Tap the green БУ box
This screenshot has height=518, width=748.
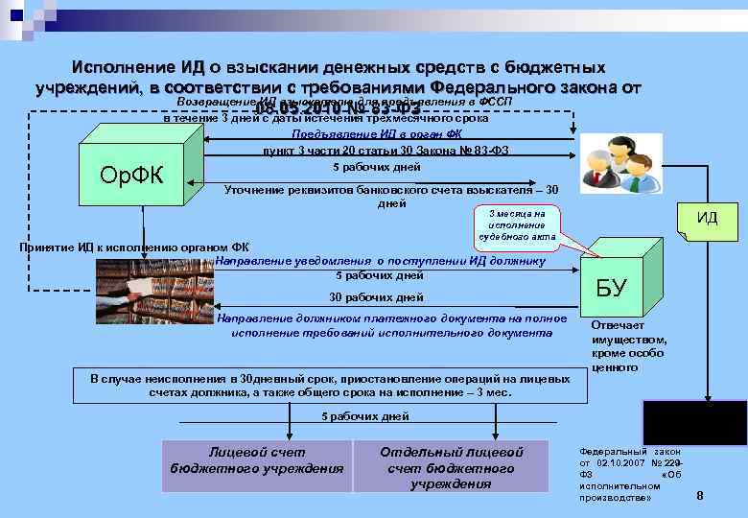tap(611, 286)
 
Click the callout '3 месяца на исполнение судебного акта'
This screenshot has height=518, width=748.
tap(516, 224)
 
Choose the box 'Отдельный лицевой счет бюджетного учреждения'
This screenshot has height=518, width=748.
tap(451, 466)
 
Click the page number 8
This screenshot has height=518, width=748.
tap(699, 496)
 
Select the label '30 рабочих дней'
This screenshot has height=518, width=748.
tap(376, 296)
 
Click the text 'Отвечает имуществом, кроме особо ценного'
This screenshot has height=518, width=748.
tap(629, 346)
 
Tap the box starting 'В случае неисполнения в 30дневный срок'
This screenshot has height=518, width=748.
tap(330, 386)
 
